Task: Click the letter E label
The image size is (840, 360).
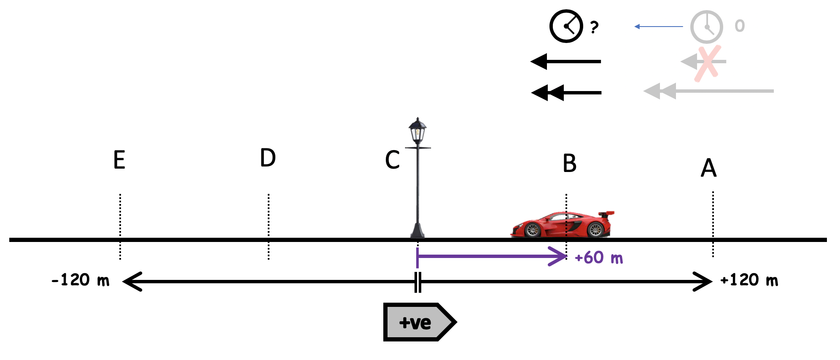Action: pyautogui.click(x=119, y=160)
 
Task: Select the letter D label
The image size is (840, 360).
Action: pyautogui.click(x=268, y=158)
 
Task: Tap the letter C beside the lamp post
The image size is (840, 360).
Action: pyautogui.click(x=392, y=160)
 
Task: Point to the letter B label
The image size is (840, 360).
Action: pyautogui.click(x=569, y=163)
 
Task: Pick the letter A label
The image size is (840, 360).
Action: pyautogui.click(x=708, y=168)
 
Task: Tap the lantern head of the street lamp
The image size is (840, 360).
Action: pyautogui.click(x=417, y=131)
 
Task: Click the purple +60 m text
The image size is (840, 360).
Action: pyautogui.click(x=599, y=258)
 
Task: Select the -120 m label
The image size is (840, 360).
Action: pyautogui.click(x=81, y=280)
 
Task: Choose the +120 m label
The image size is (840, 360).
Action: pyautogui.click(x=749, y=280)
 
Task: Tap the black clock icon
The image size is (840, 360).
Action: pyautogui.click(x=566, y=26)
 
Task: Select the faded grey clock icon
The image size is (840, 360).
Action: pyautogui.click(x=706, y=27)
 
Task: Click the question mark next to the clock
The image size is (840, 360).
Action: pyautogui.click(x=595, y=27)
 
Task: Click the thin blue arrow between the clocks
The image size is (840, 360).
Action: pyautogui.click(x=658, y=27)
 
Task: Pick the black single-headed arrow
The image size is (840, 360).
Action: pyautogui.click(x=565, y=62)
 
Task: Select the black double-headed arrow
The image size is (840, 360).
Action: pyautogui.click(x=566, y=93)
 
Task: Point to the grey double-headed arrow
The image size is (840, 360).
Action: pyautogui.click(x=708, y=91)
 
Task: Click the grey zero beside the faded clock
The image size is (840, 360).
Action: pyautogui.click(x=740, y=26)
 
